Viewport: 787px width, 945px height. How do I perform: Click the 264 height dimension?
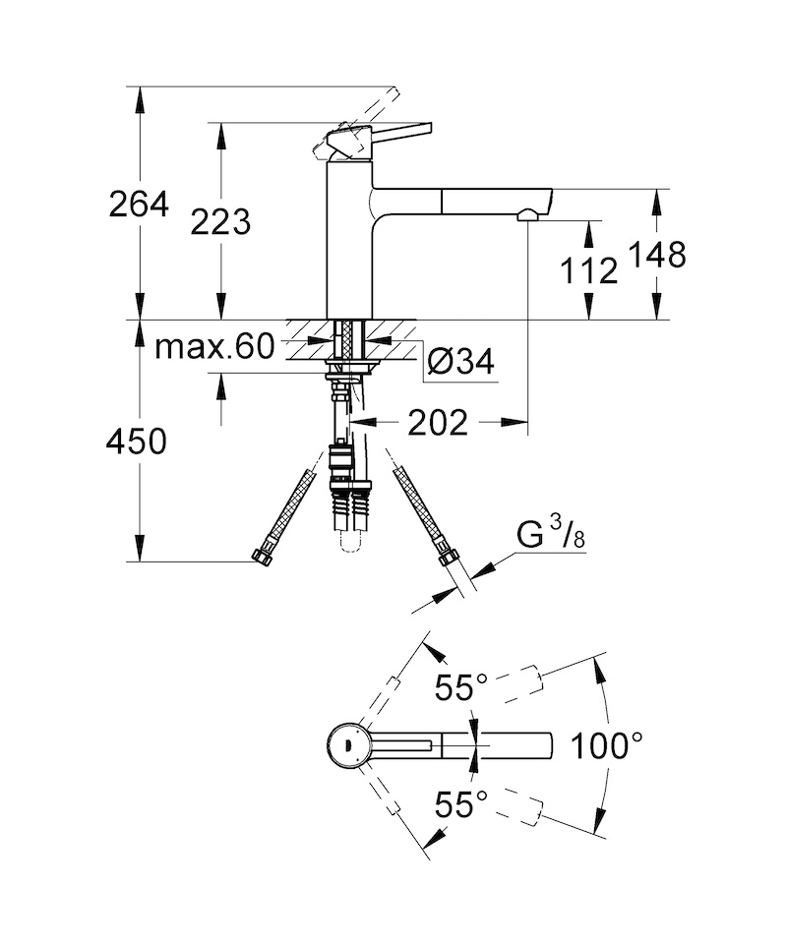pyautogui.click(x=139, y=205)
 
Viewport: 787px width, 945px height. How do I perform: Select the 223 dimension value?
pyautogui.click(x=220, y=222)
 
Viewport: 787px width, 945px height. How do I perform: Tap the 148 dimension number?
pyautogui.click(x=657, y=255)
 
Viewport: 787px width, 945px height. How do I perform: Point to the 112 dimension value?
pyautogui.click(x=588, y=270)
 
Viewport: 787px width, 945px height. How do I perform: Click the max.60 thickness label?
pyautogui.click(x=214, y=346)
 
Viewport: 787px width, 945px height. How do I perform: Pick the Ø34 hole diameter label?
pyautogui.click(x=460, y=362)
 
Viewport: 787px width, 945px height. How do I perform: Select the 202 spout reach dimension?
pyautogui.click(x=438, y=423)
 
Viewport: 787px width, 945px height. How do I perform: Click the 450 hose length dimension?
pyautogui.click(x=137, y=442)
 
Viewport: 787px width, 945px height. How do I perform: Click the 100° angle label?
pyautogui.click(x=607, y=745)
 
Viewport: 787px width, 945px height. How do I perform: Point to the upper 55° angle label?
pyautogui.click(x=461, y=687)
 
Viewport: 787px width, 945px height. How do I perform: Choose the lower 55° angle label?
pyautogui.click(x=461, y=804)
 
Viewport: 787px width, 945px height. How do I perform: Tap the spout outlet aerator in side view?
pyautogui.click(x=528, y=214)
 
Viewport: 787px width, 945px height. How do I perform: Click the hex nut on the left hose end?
pyautogui.click(x=261, y=557)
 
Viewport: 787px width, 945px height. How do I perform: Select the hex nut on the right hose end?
pyautogui.click(x=448, y=557)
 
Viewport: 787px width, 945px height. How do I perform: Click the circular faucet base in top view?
pyautogui.click(x=348, y=745)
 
